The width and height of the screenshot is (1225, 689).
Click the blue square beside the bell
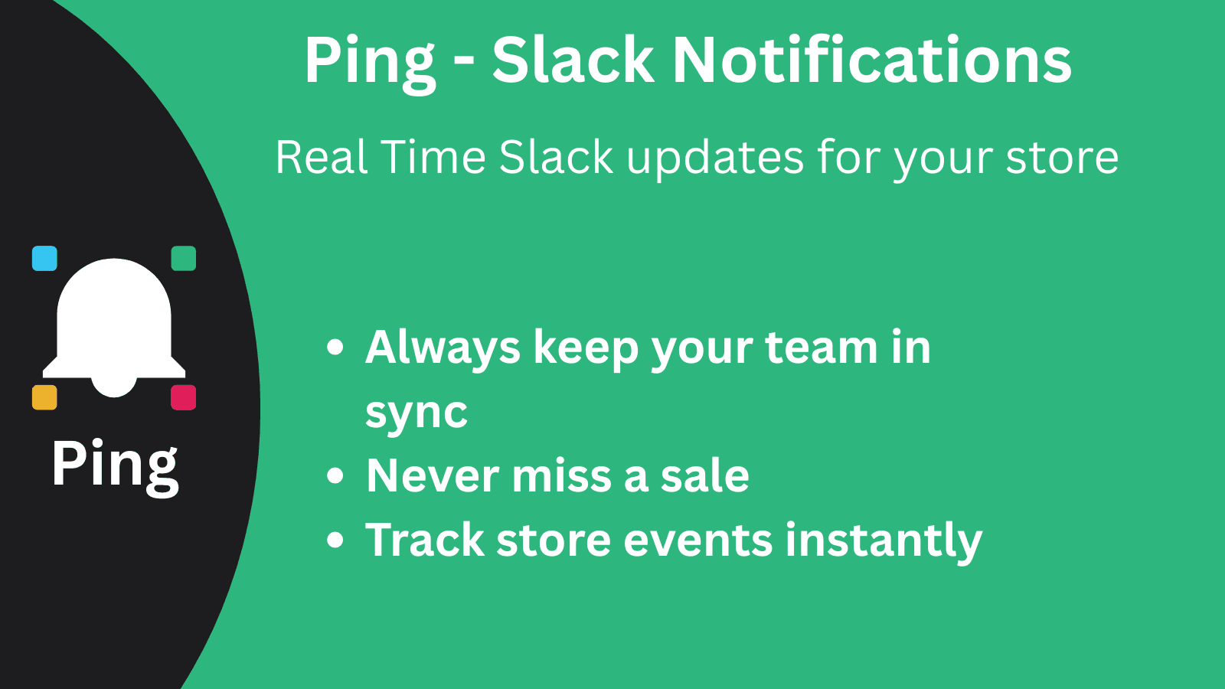pos(44,259)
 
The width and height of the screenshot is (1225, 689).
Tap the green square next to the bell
pos(183,259)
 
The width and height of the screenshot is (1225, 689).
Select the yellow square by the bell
pos(44,397)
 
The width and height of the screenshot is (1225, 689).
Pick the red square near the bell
pos(183,397)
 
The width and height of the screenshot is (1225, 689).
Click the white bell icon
pos(114,325)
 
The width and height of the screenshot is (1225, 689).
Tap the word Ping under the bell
pos(115,465)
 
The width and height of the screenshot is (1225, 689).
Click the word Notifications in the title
pos(871,60)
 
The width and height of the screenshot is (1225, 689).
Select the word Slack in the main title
pos(573,60)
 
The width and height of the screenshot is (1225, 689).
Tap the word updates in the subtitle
pos(715,159)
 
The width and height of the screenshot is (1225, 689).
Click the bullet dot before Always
pos(335,348)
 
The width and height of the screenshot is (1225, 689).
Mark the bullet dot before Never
pos(335,475)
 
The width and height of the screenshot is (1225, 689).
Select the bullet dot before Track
pos(335,540)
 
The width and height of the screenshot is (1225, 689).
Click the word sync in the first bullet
pos(416,414)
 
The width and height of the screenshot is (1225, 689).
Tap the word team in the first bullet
pos(821,348)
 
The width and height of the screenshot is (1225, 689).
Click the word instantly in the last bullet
pos(884,541)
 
